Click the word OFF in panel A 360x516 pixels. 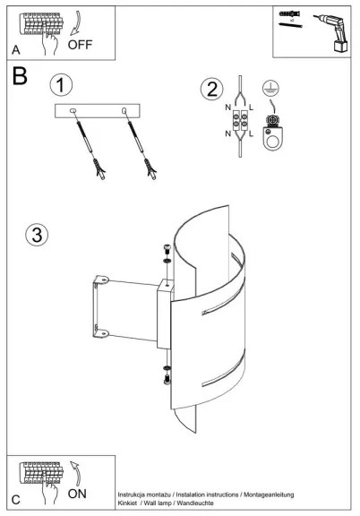[80, 45]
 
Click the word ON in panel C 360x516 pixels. [77, 494]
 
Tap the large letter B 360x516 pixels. [20, 75]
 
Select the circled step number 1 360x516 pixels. [61, 85]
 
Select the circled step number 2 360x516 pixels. [212, 89]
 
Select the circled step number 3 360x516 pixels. [37, 235]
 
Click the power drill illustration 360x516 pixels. [332, 32]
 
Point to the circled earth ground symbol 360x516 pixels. [270, 88]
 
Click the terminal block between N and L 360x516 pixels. [240, 120]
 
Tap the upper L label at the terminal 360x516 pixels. [251, 107]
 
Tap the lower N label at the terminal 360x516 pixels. [228, 133]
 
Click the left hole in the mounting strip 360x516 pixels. [73, 111]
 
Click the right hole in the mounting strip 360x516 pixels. [124, 111]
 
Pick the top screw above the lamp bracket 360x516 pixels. [167, 248]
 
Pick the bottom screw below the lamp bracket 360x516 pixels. [167, 380]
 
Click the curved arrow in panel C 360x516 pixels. [76, 473]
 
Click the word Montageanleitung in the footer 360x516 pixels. [269, 494]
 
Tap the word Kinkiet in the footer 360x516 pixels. [127, 503]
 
